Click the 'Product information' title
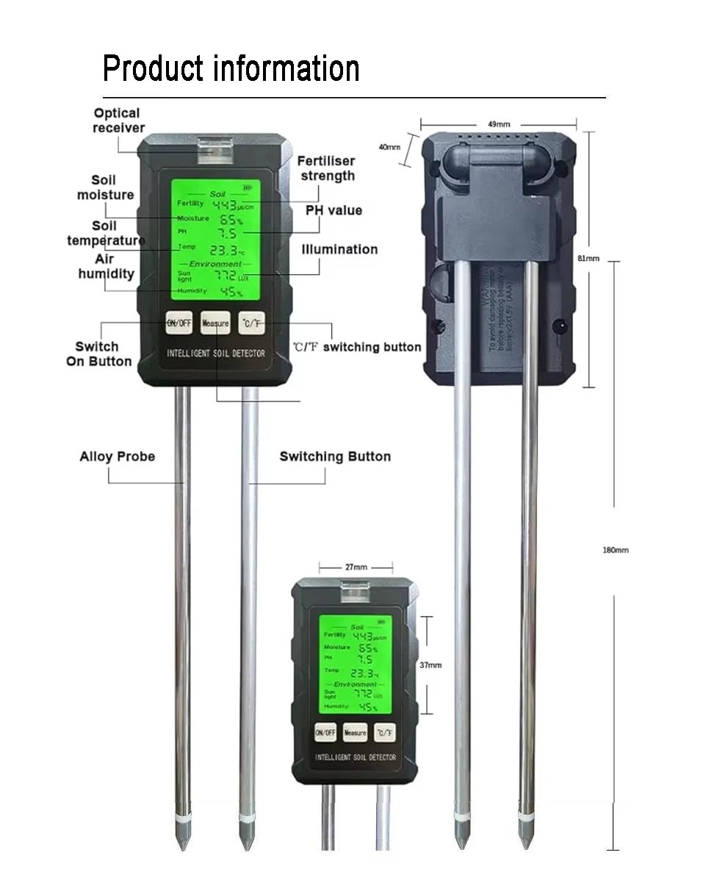231,68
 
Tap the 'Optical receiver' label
118,121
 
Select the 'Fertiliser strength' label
327,168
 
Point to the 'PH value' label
334,210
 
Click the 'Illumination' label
339,249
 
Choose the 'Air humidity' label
107,266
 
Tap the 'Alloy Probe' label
117,457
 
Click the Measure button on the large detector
215,323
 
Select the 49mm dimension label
499,124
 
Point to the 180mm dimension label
616,550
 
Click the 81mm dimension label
588,258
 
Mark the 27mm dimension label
356,567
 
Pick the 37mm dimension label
431,665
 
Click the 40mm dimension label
389,147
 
